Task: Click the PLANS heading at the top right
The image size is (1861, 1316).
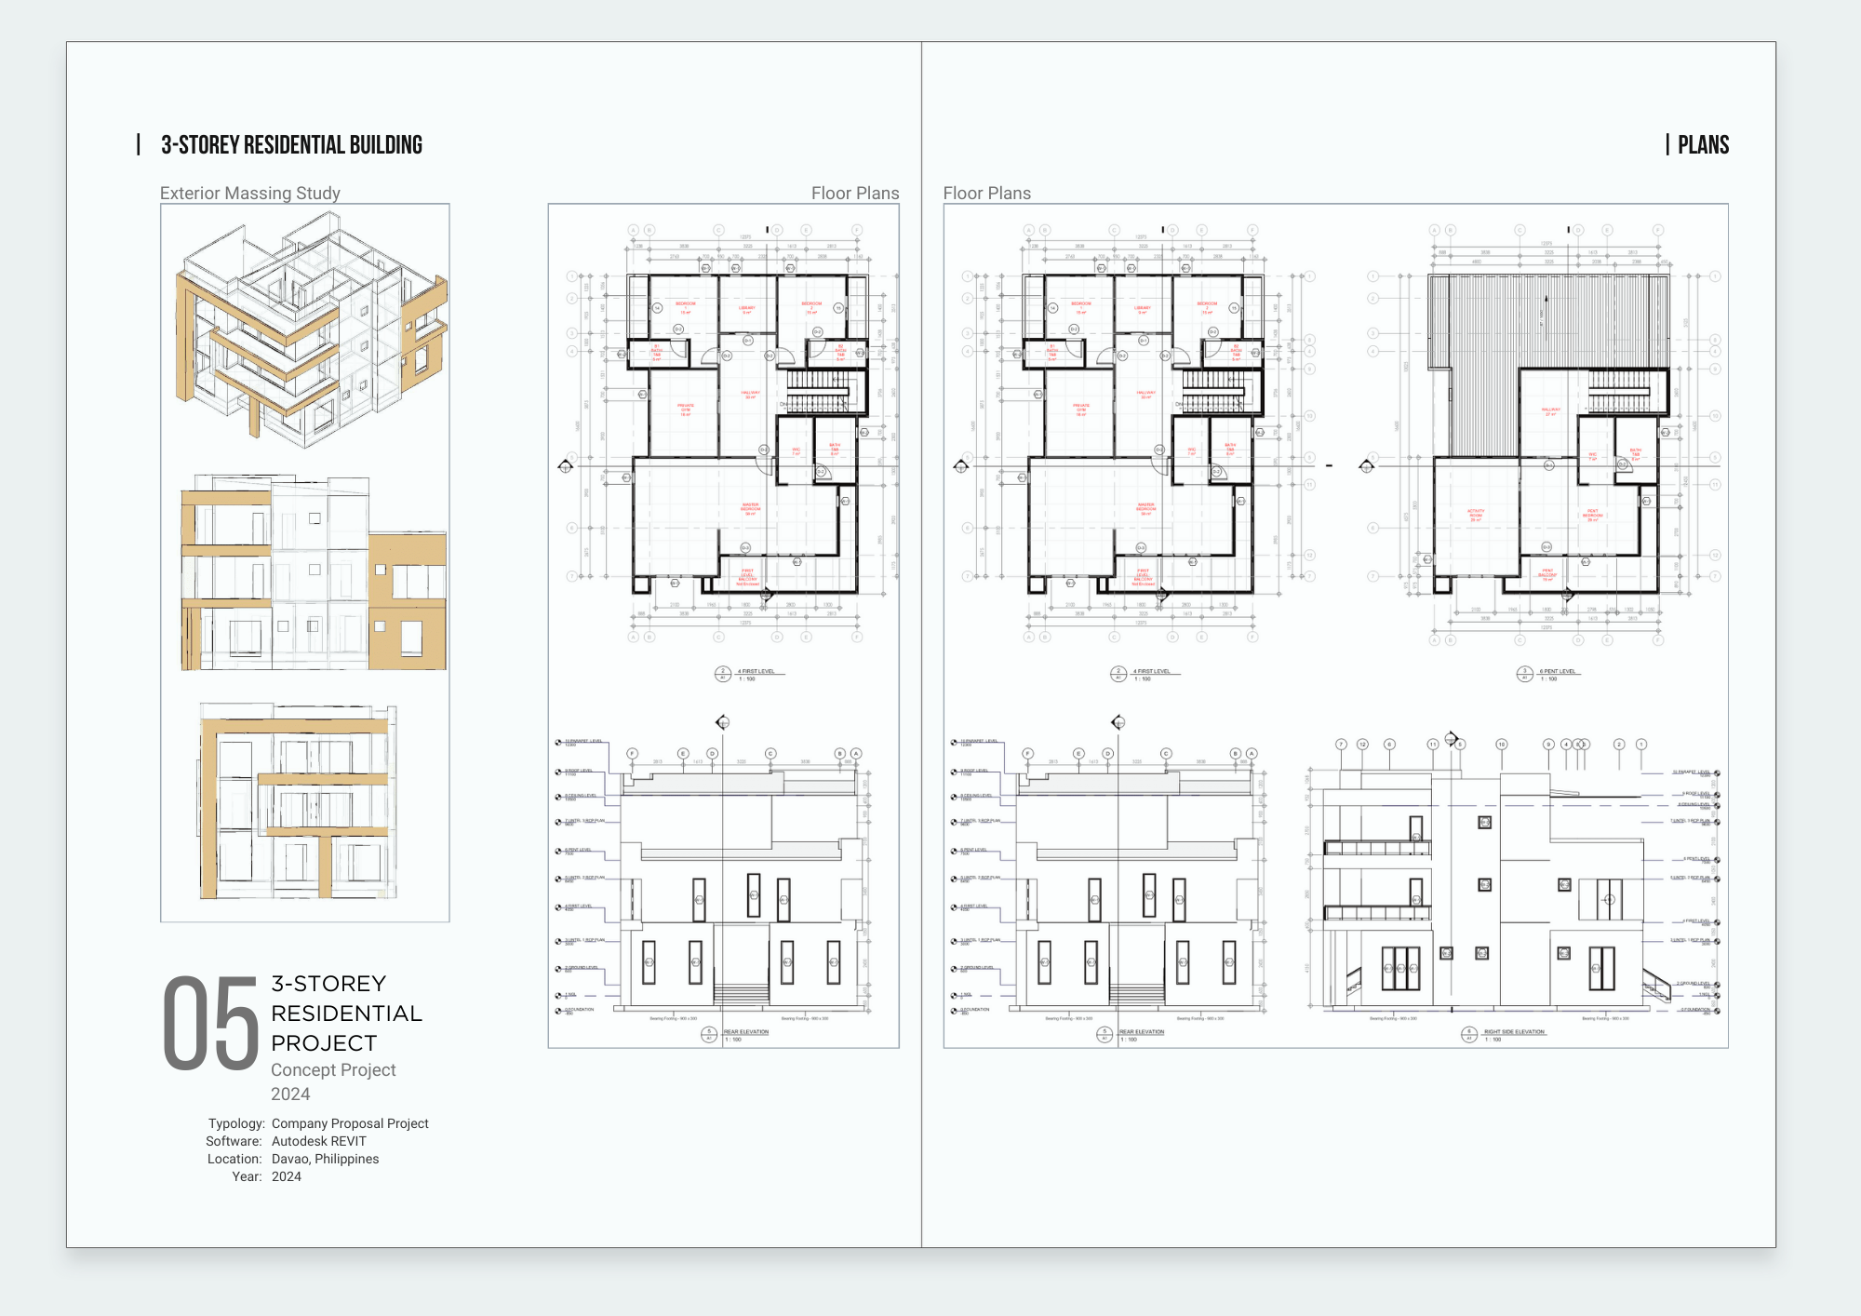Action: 1703,145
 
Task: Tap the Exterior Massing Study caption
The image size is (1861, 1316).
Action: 249,193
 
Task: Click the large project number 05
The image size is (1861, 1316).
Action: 211,1024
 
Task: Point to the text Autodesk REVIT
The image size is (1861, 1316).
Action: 318,1141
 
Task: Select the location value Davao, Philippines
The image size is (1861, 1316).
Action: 325,1159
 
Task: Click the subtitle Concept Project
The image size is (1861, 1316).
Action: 333,1070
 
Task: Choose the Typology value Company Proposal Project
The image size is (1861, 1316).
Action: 350,1123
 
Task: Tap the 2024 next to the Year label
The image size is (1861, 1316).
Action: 286,1176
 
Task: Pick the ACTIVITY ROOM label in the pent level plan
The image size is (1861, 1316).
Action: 1476,513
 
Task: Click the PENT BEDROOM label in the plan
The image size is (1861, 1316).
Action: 1592,513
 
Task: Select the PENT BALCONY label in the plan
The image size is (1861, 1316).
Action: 1546,573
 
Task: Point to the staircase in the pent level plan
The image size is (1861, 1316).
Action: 1619,391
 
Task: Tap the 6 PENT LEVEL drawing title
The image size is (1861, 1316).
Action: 1557,671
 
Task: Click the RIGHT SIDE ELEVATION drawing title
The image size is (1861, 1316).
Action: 1513,1031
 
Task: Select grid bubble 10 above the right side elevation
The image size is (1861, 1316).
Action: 1501,745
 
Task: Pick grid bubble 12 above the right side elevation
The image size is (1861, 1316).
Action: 1362,745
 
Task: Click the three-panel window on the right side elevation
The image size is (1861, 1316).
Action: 1400,968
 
